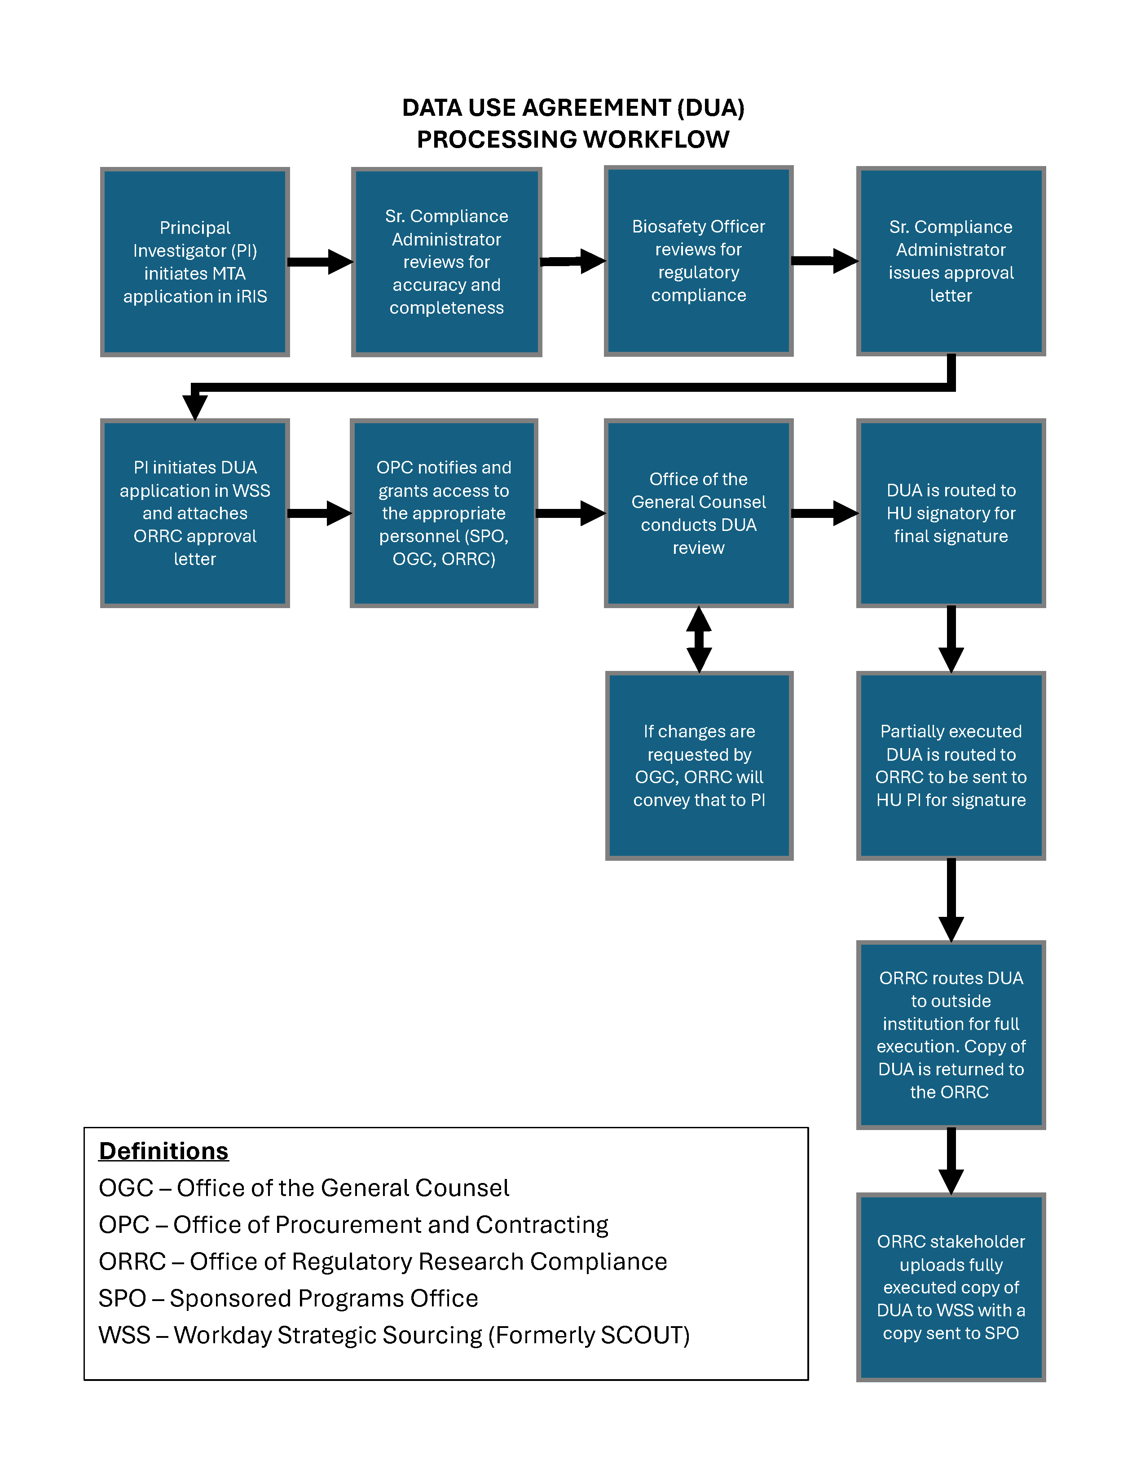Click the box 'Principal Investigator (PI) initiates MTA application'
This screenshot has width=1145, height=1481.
point(195,262)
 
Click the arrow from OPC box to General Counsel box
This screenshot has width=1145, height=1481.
point(570,513)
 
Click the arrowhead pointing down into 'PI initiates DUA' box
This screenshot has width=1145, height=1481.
point(195,407)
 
